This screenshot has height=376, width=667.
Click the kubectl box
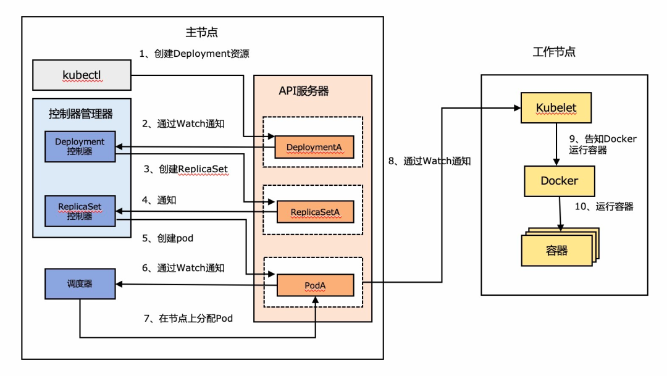pyautogui.click(x=82, y=75)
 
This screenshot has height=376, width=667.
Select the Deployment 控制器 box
pyautogui.click(x=80, y=146)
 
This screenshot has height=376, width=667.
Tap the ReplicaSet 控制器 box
pyautogui.click(x=80, y=211)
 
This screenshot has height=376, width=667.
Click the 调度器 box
pyautogui.click(x=80, y=284)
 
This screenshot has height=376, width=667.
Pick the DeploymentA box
pyautogui.click(x=314, y=147)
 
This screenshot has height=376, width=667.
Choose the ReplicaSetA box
pyautogui.click(x=315, y=212)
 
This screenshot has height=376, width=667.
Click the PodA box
pyautogui.click(x=315, y=285)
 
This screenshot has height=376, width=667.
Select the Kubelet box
pyautogui.click(x=556, y=107)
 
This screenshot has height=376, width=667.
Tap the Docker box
pyautogui.click(x=560, y=181)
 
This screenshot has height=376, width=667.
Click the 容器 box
pyautogui.click(x=557, y=251)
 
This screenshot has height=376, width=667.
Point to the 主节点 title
pyautogui.click(x=201, y=32)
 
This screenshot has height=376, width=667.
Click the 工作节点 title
pyautogui.click(x=554, y=52)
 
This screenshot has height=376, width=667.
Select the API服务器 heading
pyautogui.click(x=304, y=91)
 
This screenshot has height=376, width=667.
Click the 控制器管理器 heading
pyautogui.click(x=80, y=114)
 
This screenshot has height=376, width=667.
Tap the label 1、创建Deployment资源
pyautogui.click(x=194, y=54)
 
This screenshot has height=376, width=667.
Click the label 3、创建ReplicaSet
pyautogui.click(x=186, y=169)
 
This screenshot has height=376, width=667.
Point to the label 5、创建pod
pyautogui.click(x=167, y=238)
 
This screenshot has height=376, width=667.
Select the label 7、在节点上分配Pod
pyautogui.click(x=188, y=318)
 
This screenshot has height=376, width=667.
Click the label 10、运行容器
pyautogui.click(x=604, y=206)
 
